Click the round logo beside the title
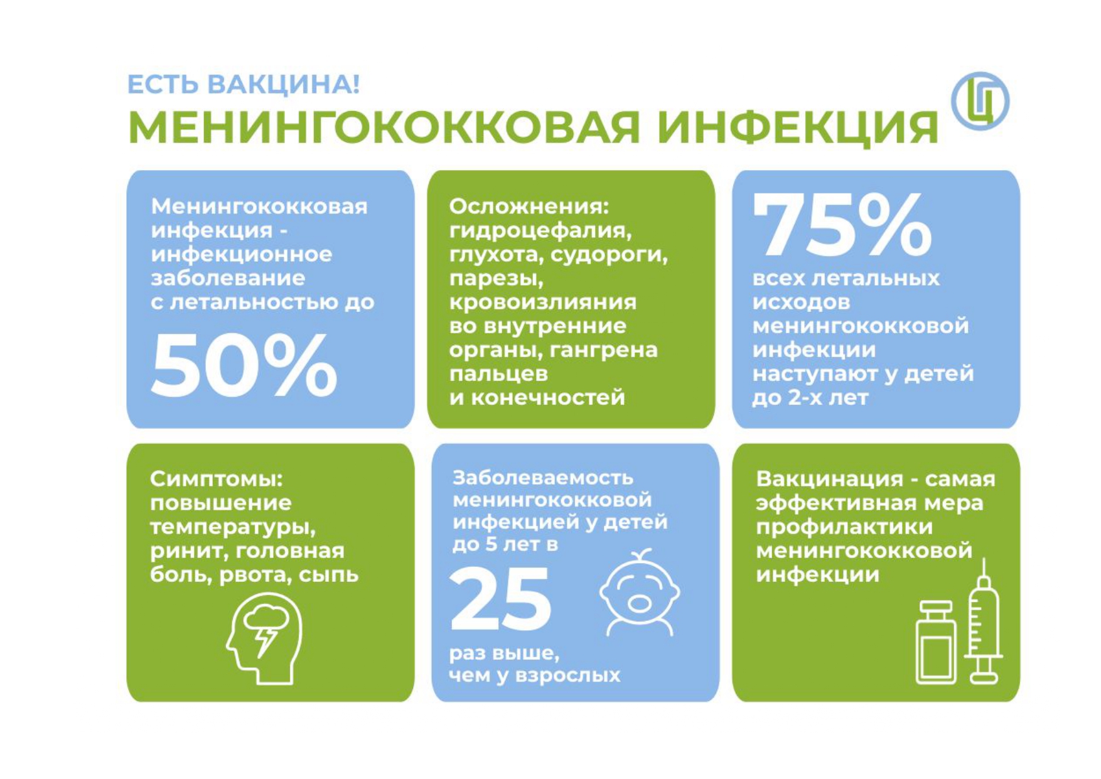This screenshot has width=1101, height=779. click(x=979, y=101)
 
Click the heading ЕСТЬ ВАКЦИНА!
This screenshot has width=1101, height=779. click(x=244, y=84)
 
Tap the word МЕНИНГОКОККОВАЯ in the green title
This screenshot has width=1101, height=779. click(x=384, y=127)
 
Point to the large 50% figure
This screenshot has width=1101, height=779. click(x=244, y=365)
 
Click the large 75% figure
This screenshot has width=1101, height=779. click(x=842, y=224)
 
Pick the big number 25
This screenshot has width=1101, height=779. click(x=500, y=598)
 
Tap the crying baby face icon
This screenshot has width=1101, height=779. click(x=640, y=593)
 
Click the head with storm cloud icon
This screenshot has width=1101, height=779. click(x=264, y=639)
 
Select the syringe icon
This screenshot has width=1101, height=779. click(x=984, y=621)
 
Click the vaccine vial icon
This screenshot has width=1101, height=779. click(x=937, y=642)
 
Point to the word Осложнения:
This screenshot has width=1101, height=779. click(x=529, y=206)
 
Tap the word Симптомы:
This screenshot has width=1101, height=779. click(x=217, y=479)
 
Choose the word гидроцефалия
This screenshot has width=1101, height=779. click(x=540, y=231)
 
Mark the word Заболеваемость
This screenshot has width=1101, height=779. click(x=543, y=478)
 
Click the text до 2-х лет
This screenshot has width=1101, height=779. click(x=810, y=397)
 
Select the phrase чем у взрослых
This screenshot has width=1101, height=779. click(x=534, y=675)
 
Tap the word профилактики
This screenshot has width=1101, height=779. click(x=844, y=527)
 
